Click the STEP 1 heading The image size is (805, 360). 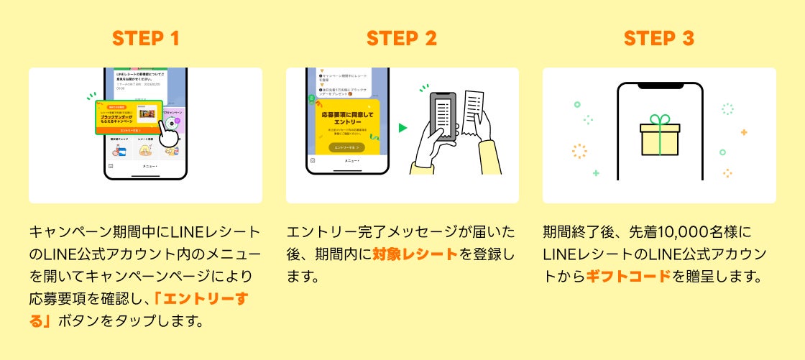click(x=145, y=39)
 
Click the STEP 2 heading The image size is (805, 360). click(x=402, y=39)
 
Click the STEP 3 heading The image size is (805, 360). click(x=659, y=39)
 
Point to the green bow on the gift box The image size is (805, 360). click(x=659, y=120)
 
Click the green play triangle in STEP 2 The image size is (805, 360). click(x=403, y=128)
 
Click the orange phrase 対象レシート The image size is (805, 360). click(x=415, y=254)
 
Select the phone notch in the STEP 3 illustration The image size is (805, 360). click(x=660, y=86)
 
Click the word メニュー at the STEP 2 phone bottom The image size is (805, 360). click(x=351, y=161)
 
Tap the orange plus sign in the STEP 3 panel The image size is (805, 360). click(x=743, y=132)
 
